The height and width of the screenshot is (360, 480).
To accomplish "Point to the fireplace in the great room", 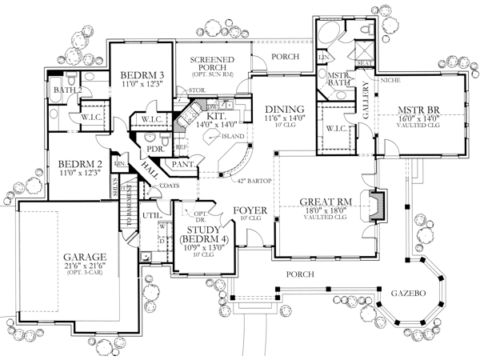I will (x=376, y=204).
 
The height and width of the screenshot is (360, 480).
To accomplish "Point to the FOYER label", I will (x=244, y=213).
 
